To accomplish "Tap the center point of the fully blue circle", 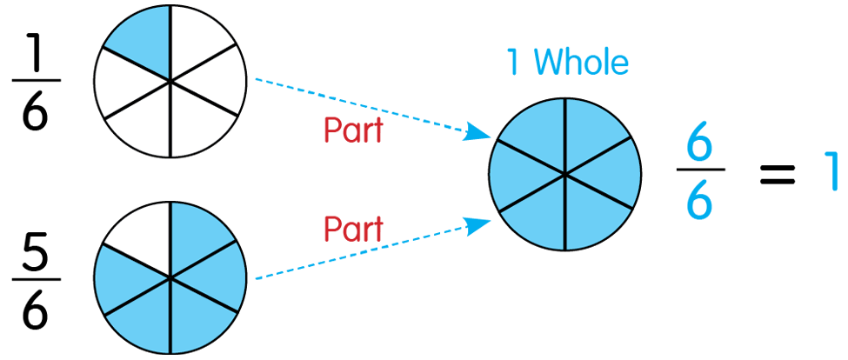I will [x=565, y=175].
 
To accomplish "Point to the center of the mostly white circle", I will [x=170, y=82].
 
